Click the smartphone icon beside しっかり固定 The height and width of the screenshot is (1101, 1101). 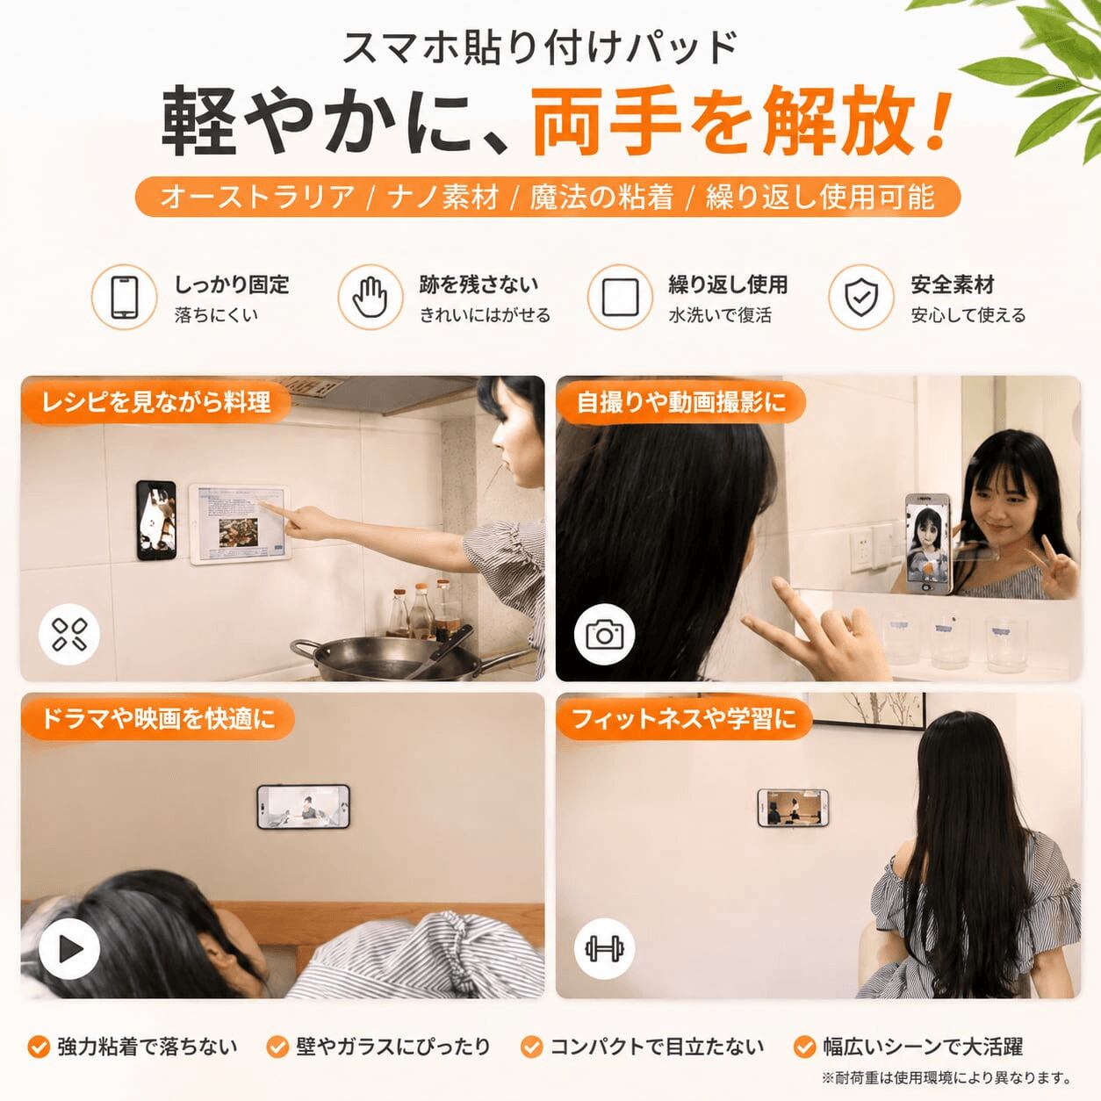125,297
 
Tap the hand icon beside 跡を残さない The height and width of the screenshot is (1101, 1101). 370,297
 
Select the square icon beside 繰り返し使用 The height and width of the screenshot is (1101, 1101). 620,297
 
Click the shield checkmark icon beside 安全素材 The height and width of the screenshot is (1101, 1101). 861,297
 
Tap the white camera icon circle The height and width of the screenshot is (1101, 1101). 604,634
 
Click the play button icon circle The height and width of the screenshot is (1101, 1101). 69,949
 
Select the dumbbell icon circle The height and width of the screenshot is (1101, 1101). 604,949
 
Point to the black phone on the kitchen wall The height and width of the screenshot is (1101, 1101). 156,520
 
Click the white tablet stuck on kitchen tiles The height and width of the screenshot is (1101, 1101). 241,524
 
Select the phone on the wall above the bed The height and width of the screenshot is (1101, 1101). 303,806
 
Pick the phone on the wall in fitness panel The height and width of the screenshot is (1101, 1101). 793,808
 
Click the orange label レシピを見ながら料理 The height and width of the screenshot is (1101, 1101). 156,401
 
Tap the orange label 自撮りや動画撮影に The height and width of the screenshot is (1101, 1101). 681,401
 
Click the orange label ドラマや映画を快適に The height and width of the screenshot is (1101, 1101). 158,718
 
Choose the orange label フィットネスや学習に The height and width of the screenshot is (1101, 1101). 684,718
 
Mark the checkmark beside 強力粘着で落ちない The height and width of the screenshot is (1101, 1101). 39,1047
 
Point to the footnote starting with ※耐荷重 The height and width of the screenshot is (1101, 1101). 946,1077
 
